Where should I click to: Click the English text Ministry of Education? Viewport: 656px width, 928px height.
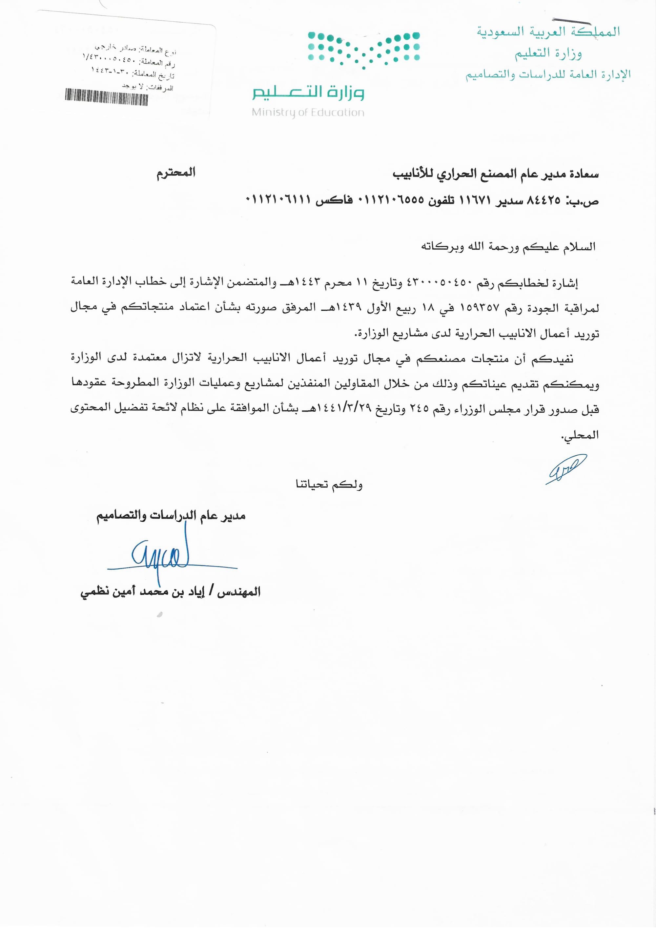(308, 113)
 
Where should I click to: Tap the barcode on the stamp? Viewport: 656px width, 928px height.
(106, 97)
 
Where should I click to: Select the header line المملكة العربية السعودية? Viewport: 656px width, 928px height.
(548, 31)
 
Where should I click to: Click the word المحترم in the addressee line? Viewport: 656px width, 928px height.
(176, 173)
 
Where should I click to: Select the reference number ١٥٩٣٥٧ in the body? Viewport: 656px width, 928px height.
(480, 308)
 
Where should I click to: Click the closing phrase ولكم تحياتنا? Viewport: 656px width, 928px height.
(329, 484)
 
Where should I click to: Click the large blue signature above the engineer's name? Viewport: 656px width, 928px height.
(162, 556)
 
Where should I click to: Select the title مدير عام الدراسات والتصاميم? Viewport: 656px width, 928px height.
(171, 516)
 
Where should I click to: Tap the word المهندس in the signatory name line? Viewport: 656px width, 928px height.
(239, 592)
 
